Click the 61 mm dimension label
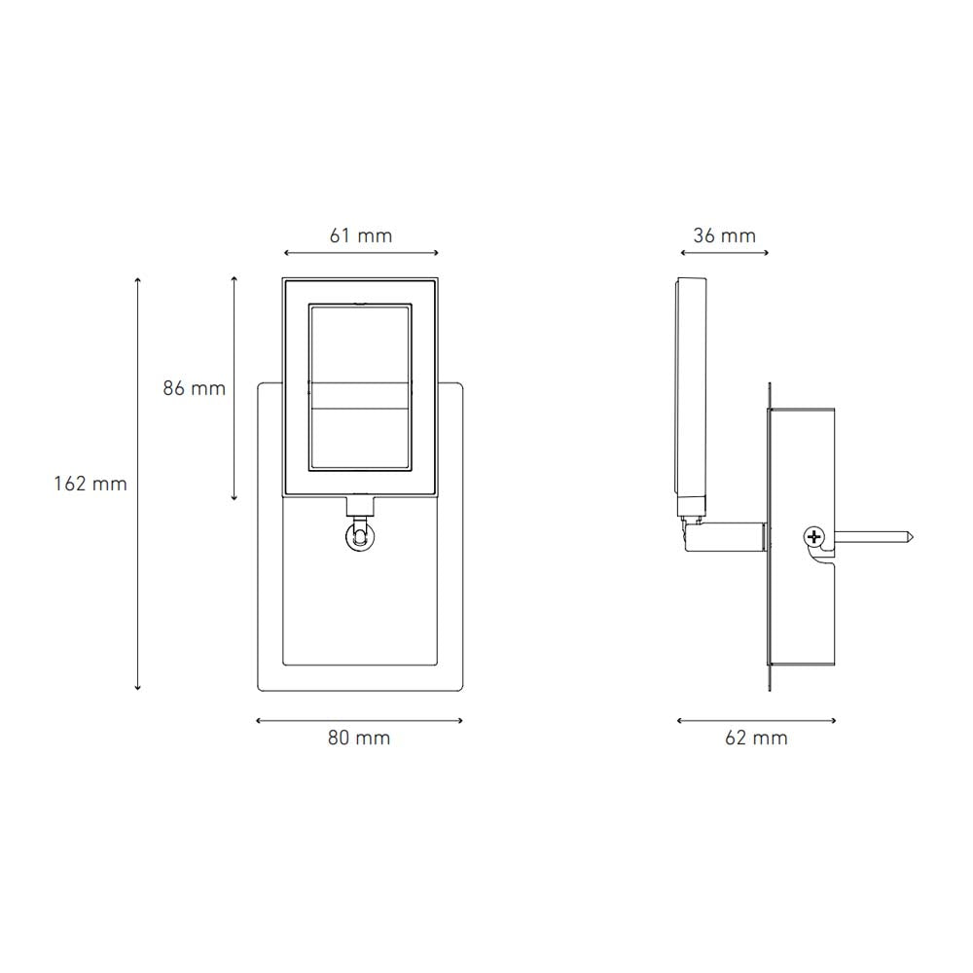pyautogui.click(x=360, y=235)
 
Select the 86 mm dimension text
pyautogui.click(x=194, y=388)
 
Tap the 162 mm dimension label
pyautogui.click(x=90, y=484)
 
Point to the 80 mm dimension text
pyautogui.click(x=358, y=738)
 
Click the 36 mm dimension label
pyautogui.click(x=724, y=235)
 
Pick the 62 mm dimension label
pyautogui.click(x=756, y=738)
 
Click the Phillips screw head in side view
pyautogui.click(x=813, y=535)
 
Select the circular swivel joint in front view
pyautogui.click(x=360, y=536)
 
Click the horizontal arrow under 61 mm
pyautogui.click(x=360, y=254)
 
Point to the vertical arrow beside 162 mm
pyautogui.click(x=137, y=484)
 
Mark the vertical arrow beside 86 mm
pyautogui.click(x=234, y=388)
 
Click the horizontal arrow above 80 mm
pyautogui.click(x=358, y=721)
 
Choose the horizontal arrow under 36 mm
pyautogui.click(x=724, y=254)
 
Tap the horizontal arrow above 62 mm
pyautogui.click(x=756, y=721)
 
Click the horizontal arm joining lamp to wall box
pyautogui.click(x=730, y=535)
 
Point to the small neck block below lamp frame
pyautogui.click(x=360, y=505)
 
